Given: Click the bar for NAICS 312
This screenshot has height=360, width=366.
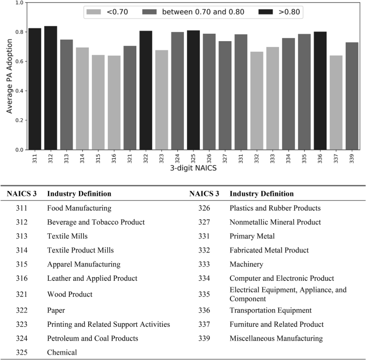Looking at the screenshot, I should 51,88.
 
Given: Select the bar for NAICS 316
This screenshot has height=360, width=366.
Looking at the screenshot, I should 114,103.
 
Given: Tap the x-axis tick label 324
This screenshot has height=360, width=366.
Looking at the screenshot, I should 178,159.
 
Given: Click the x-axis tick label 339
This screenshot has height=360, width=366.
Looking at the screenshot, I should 352,159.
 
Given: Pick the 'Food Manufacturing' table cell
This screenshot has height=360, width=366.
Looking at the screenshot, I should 79,208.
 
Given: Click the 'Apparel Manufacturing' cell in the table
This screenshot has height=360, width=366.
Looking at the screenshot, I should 84,264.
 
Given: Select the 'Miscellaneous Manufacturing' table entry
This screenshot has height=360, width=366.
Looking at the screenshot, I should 276,338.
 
